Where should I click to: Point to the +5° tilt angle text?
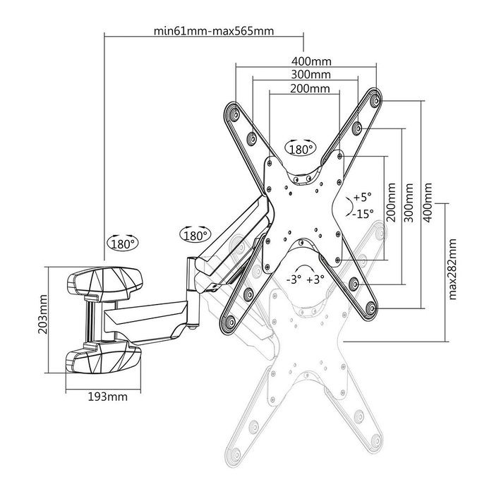click(x=362, y=196)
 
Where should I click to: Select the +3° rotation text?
click(x=315, y=279)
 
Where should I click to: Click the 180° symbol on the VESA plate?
click(x=301, y=149)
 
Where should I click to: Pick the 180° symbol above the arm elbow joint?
click(x=195, y=234)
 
